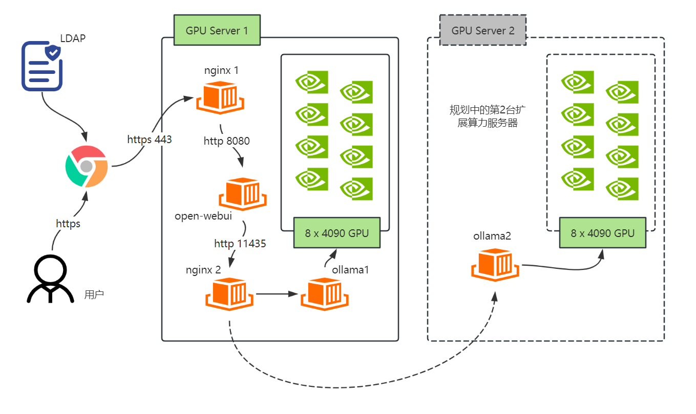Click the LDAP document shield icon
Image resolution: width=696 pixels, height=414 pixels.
coord(42,67)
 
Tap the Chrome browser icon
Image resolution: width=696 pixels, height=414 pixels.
coord(87,166)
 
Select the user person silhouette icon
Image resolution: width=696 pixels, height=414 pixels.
coord(50,279)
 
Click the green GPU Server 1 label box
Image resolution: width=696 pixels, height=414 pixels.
coord(217,30)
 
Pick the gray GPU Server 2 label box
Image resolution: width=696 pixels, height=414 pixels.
coord(483,30)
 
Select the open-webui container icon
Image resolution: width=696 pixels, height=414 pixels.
coord(243,194)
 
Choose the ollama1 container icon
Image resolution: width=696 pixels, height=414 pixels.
coord(325,294)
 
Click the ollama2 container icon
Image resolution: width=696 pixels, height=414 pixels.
coord(495,265)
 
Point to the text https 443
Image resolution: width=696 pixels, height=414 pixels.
coord(150,139)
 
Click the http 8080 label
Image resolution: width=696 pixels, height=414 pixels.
coord(226,141)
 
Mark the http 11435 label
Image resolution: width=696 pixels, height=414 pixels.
coord(240,244)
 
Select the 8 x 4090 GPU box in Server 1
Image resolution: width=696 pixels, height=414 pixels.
coord(337,233)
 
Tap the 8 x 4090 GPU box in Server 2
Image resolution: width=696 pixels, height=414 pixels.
coord(603,233)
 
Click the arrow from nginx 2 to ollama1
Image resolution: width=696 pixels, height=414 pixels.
coord(277,294)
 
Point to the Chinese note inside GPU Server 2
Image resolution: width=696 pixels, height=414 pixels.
coord(488,116)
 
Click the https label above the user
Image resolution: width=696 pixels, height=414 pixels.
coord(68,224)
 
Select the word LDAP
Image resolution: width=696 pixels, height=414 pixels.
coord(73,38)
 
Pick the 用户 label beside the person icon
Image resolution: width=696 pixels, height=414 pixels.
coord(94,295)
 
